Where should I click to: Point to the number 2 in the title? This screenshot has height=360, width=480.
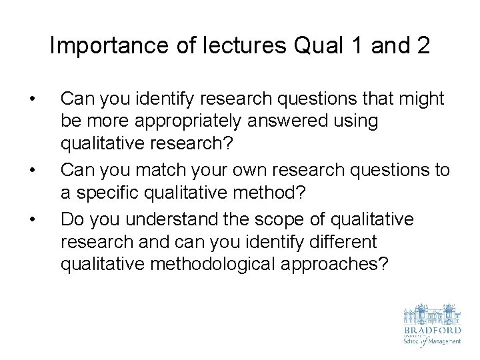(x=422, y=46)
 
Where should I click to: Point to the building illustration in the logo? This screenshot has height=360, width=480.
(x=432, y=314)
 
